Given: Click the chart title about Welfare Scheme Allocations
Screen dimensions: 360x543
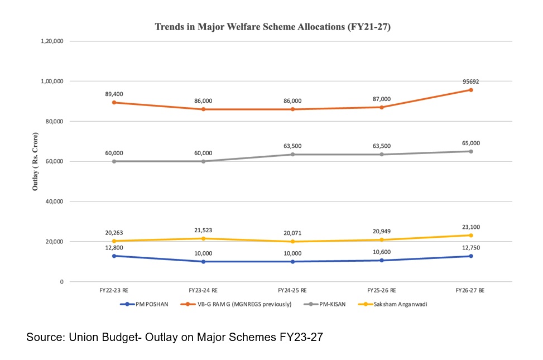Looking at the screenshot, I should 272,27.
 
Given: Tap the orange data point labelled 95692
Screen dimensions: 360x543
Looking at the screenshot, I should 471,90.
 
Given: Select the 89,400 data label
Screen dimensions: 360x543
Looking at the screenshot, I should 114,94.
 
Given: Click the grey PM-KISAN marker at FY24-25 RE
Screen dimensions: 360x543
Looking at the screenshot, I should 292,155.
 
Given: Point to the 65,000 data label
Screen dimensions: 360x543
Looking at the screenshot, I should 471,143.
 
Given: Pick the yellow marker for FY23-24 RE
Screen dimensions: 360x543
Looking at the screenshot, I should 203,239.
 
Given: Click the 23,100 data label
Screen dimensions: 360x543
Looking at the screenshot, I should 471,227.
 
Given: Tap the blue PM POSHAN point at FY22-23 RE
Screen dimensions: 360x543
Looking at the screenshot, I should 114,256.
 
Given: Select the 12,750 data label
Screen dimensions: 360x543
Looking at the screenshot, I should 471,248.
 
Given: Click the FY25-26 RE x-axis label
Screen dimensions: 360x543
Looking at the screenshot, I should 382,291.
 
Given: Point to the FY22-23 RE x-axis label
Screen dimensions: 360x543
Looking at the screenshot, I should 114,291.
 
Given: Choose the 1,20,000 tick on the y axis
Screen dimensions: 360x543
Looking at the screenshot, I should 52,41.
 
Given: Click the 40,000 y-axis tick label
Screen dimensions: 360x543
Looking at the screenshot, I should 54,201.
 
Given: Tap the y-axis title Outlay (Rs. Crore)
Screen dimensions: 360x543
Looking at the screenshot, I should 35,162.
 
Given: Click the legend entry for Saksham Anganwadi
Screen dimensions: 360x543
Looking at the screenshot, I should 366,304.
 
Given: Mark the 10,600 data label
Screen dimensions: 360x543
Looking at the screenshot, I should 382,252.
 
